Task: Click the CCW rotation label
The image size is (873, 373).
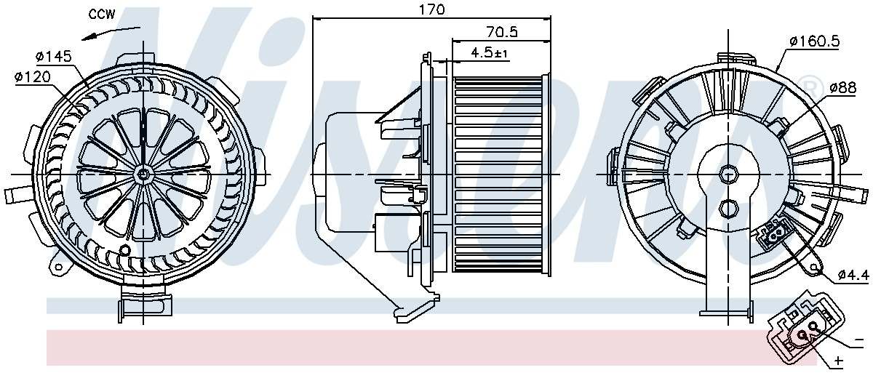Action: pyautogui.click(x=103, y=14)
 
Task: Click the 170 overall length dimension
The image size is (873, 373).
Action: pyautogui.click(x=431, y=9)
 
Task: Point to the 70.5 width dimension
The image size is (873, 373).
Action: pyautogui.click(x=501, y=32)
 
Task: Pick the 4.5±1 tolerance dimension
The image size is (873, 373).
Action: pyautogui.click(x=490, y=52)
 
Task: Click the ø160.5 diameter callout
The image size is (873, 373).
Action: pyautogui.click(x=815, y=41)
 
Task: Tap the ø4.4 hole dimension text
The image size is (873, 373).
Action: pyautogui.click(x=852, y=274)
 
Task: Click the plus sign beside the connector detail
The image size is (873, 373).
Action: pyautogui.click(x=838, y=361)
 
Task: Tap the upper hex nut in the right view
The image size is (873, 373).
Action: pyautogui.click(x=727, y=175)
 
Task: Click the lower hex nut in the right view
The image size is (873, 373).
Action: pyautogui.click(x=727, y=209)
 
